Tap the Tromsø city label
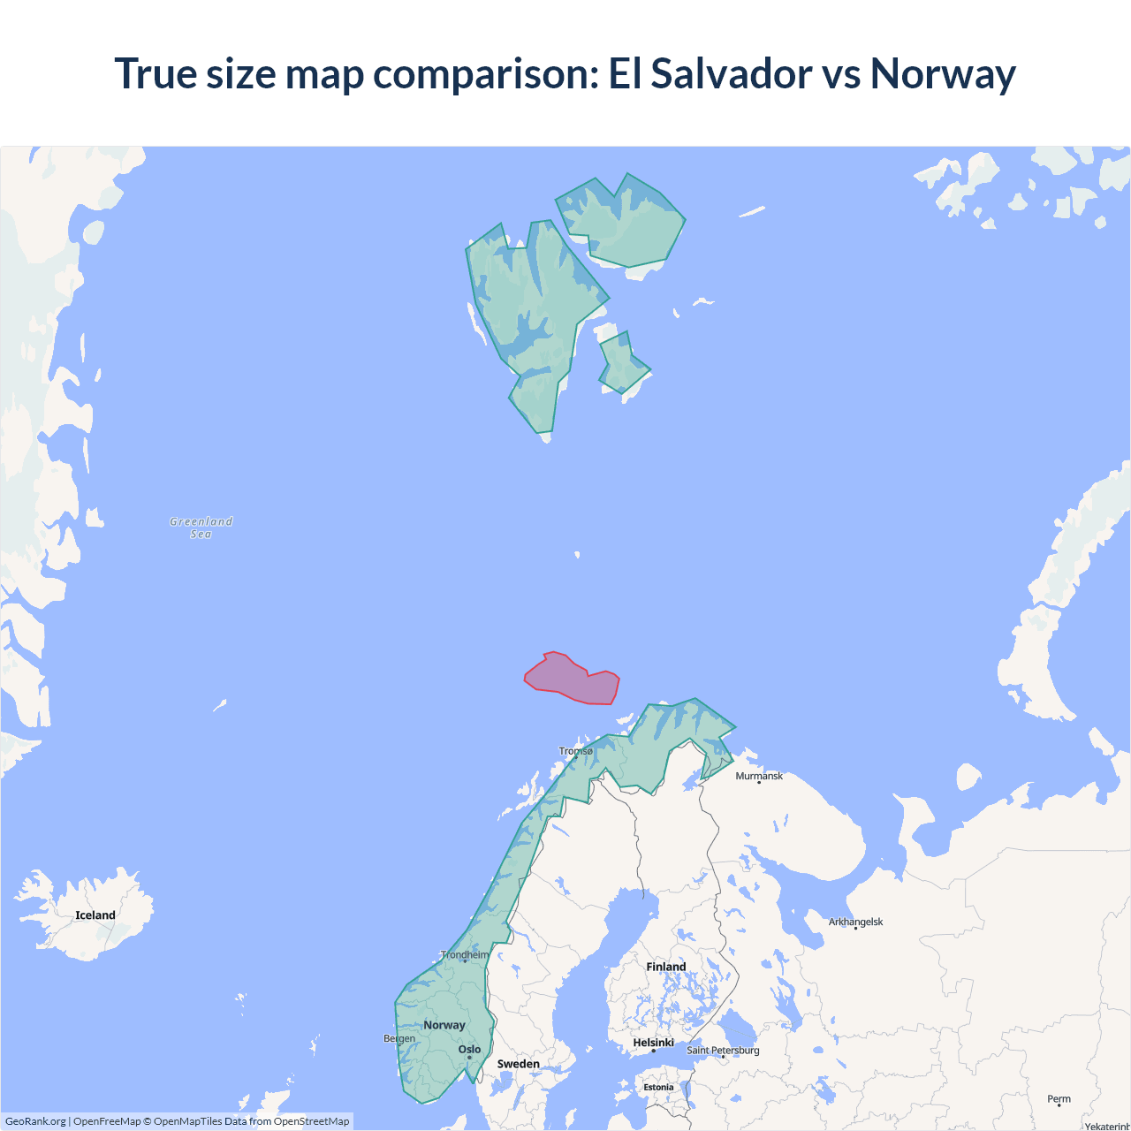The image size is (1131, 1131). [x=576, y=751]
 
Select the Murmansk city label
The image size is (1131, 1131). [x=759, y=776]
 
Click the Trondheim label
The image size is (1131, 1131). [x=465, y=954]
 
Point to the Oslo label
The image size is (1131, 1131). [x=469, y=1050]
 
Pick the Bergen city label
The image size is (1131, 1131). [x=399, y=1038]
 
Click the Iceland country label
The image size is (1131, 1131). [x=95, y=915]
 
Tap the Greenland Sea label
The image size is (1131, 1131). [x=201, y=528]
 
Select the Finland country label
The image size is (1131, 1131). [x=666, y=967]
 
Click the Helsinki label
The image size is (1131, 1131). [x=654, y=1043]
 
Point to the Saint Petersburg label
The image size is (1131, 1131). [x=723, y=1050]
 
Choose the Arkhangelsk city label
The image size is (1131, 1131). [x=855, y=922]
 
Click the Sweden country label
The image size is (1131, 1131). [x=518, y=1064]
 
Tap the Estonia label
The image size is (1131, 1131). [x=658, y=1088]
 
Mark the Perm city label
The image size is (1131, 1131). [x=1059, y=1099]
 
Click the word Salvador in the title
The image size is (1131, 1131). [x=732, y=73]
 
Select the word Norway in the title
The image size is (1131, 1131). [x=943, y=73]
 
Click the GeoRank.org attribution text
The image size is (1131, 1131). [x=35, y=1121]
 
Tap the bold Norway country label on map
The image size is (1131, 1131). [x=444, y=1025]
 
